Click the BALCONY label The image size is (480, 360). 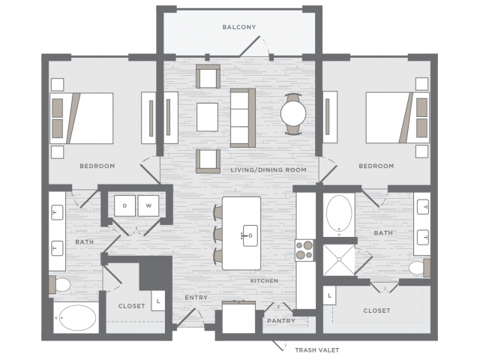[x=239, y=27]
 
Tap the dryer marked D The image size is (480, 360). [x=124, y=205]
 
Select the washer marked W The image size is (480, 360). [x=148, y=205]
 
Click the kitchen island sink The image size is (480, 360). [x=250, y=235]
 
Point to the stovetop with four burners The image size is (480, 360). [x=305, y=250]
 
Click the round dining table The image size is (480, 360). [x=293, y=113]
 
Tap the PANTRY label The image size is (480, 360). [x=281, y=321]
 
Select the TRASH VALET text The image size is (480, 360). [x=316, y=350]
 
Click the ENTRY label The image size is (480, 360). [x=196, y=298]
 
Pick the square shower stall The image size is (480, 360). [x=339, y=259]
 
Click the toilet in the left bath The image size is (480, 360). [x=60, y=285]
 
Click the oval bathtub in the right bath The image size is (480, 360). [x=339, y=214]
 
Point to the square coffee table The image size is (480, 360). [x=207, y=117]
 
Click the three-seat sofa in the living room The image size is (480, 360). [x=243, y=118]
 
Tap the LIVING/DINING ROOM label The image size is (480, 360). [x=268, y=170]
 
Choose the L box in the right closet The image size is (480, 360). [x=329, y=295]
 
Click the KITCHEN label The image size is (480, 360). [x=265, y=280]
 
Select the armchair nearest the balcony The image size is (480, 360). [x=208, y=76]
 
